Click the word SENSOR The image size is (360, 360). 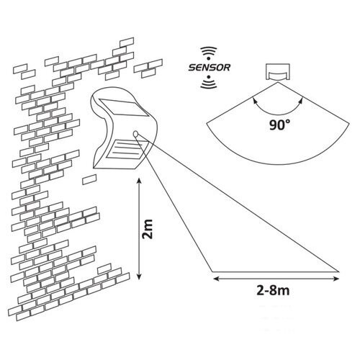[x=210, y=68]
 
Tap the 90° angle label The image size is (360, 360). [x=279, y=125]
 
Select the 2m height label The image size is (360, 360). [x=148, y=229]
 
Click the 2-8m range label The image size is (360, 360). [x=274, y=291]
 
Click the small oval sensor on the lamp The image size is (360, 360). [x=136, y=134]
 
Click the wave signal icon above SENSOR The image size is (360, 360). [x=209, y=53]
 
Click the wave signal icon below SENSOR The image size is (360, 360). [x=209, y=82]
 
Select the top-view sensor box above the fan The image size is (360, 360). [x=278, y=71]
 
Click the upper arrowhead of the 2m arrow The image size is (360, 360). [x=139, y=181]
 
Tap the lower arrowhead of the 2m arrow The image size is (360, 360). [x=139, y=276]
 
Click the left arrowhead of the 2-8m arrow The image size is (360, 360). [x=216, y=279]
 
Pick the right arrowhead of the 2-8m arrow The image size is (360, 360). [x=336, y=279]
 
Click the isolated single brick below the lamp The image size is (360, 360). [x=89, y=179]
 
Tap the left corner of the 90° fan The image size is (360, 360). [x=207, y=123]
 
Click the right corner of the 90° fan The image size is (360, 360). [x=349, y=123]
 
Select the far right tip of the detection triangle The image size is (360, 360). [x=338, y=271]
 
